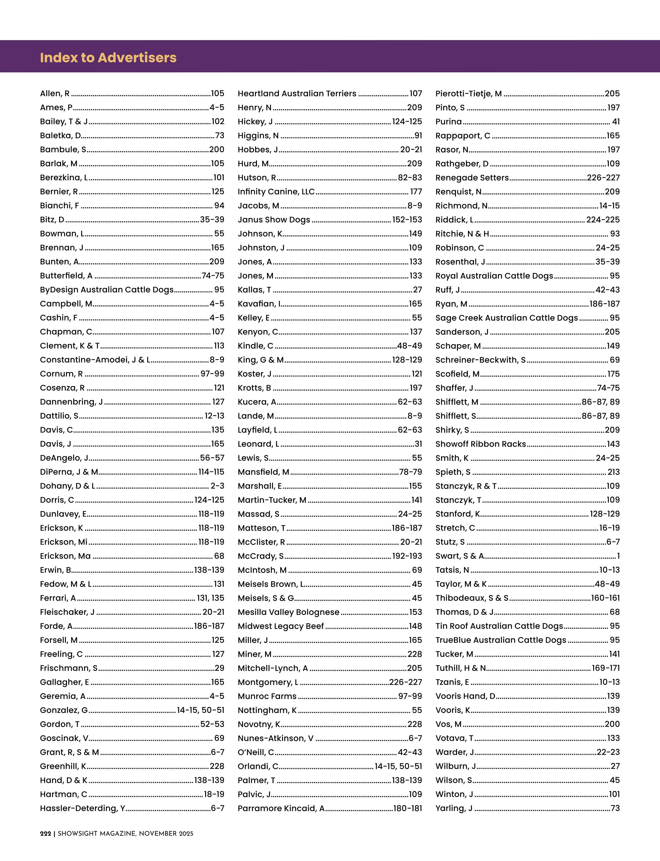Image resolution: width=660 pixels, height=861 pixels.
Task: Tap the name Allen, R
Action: click(55, 94)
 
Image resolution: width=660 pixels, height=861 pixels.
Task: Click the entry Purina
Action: click(448, 121)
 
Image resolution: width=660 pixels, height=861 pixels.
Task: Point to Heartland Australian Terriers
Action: click(297, 94)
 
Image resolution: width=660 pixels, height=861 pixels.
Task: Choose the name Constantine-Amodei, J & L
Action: click(95, 360)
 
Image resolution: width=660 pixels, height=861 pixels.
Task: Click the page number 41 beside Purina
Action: click(616, 121)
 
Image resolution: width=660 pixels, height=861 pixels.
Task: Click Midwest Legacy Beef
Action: click(281, 626)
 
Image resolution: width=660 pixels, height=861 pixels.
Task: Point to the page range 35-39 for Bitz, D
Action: click(212, 219)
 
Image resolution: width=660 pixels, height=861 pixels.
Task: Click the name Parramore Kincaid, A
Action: click(281, 808)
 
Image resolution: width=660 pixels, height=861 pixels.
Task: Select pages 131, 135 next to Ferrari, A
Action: click(211, 598)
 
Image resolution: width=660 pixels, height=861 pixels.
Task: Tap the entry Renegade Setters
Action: click(472, 178)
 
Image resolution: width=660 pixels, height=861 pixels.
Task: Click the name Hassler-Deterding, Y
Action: click(82, 808)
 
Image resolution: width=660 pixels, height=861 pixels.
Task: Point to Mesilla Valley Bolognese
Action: click(288, 612)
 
